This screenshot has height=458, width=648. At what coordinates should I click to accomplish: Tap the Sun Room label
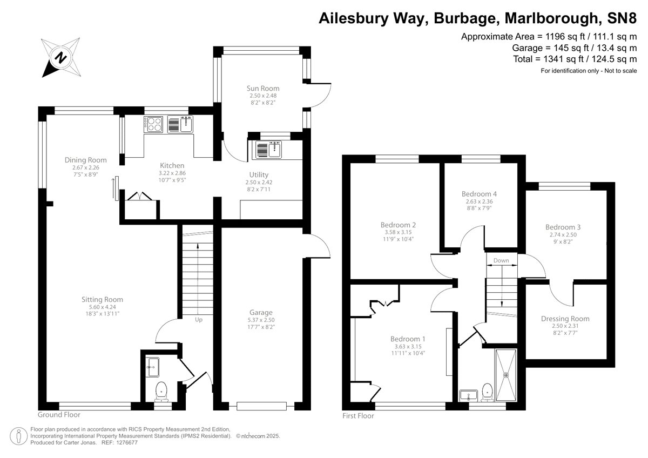[263, 89]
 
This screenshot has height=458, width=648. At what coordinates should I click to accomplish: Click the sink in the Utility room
[268, 149]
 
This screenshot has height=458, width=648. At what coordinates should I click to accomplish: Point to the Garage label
[261, 312]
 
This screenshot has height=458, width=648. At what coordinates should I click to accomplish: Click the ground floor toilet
[161, 390]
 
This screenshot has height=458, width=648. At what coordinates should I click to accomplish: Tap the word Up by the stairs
[198, 320]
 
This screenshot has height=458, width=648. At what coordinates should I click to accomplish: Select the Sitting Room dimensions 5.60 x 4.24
[102, 307]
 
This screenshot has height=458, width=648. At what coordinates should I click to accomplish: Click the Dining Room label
[85, 160]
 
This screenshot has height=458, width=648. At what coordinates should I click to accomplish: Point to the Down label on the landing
[501, 260]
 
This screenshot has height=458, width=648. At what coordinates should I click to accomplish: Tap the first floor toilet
[487, 391]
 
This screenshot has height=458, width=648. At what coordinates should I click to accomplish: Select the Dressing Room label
[565, 319]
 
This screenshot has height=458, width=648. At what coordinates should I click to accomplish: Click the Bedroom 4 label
[479, 194]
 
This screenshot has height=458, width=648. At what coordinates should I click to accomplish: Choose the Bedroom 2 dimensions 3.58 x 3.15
[398, 233]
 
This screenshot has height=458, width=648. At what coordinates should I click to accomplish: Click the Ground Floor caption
[59, 415]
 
